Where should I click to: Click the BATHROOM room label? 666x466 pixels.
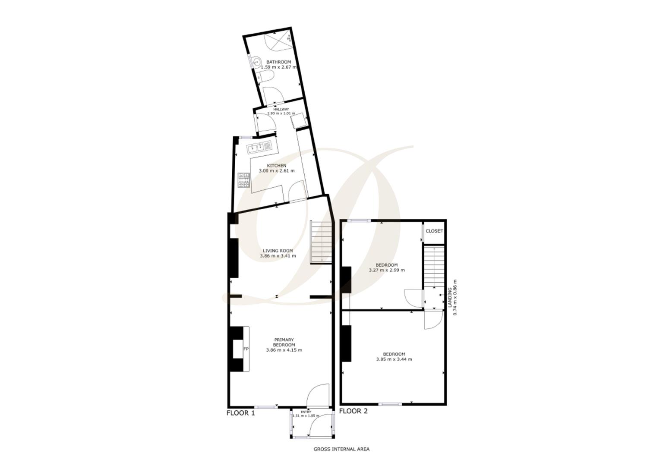pos(278,62)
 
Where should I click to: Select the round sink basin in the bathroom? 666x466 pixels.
pos(255,63)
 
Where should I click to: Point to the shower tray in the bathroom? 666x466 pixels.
pos(278,41)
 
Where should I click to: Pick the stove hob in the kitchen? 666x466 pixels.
pos(244,180)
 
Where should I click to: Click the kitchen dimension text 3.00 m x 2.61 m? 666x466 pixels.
pos(276,171)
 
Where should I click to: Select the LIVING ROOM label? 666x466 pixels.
pos(278,251)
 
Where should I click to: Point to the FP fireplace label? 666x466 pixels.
pos(246,349)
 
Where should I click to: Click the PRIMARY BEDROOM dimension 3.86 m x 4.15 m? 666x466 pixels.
pos(284,350)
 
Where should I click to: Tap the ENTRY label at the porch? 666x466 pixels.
pos(306,412)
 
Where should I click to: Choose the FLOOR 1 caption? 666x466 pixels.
pos(240,413)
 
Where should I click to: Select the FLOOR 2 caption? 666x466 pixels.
pos(353,411)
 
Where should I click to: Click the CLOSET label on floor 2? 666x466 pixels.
pos(434,231)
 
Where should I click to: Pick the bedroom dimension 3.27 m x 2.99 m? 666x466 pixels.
pos(387,270)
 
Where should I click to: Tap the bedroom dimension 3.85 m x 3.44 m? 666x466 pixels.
pos(394,359)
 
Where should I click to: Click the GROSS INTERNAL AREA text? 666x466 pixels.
pos(341,449)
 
